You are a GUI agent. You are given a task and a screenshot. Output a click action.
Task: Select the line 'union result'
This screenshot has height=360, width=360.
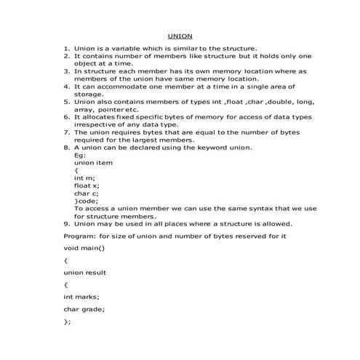click(x=84, y=272)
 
